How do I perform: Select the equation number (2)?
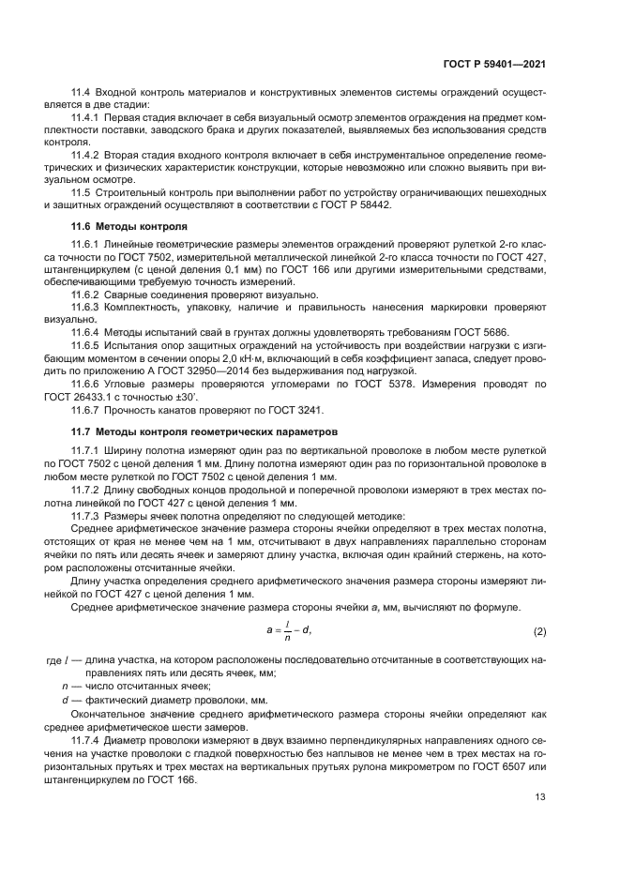(539, 632)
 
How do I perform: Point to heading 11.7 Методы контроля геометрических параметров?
(194, 431)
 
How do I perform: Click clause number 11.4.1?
(87, 118)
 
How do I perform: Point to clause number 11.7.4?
(87, 739)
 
